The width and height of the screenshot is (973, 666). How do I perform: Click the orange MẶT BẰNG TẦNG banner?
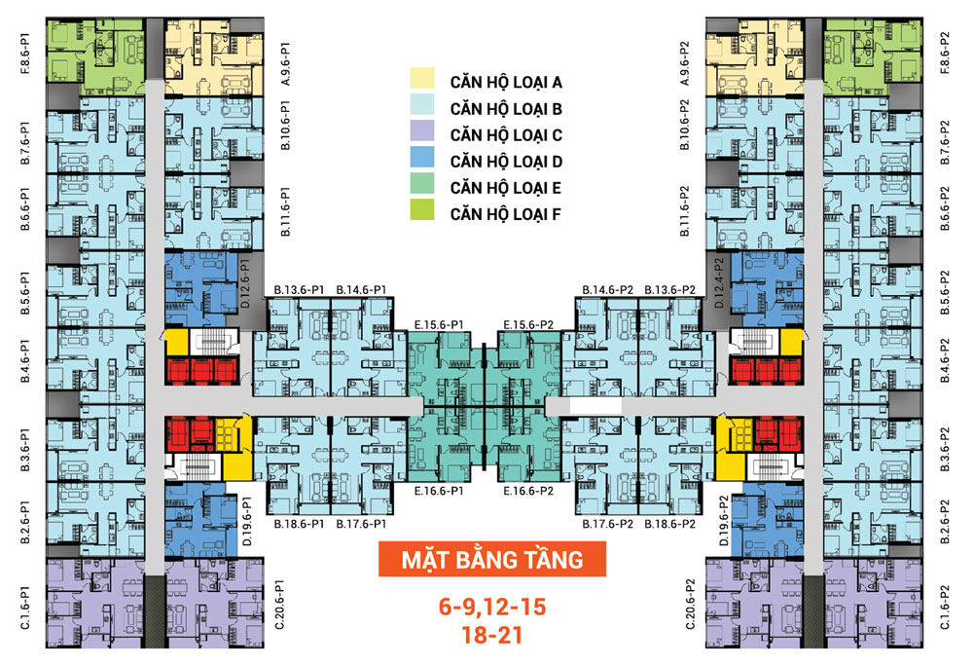click(492, 560)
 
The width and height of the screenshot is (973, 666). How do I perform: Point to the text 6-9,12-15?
click(492, 609)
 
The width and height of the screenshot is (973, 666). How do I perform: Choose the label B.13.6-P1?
click(300, 290)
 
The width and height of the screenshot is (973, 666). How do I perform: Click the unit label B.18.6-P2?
click(669, 524)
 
